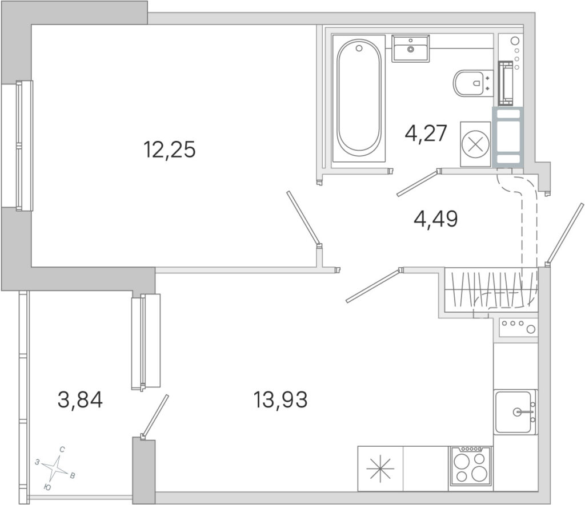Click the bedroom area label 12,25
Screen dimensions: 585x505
coord(169,150)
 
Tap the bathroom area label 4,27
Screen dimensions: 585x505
coord(426,134)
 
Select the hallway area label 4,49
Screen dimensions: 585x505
coord(436,219)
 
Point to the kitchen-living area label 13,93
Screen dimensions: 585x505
coord(281,399)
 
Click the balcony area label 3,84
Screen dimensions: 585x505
coord(80,400)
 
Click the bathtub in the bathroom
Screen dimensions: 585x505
coord(359,98)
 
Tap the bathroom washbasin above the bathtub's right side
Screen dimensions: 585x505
coord(410,48)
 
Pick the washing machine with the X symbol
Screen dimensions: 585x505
coord(475,144)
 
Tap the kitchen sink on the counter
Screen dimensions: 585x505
coord(515,412)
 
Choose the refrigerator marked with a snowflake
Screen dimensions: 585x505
coord(380,468)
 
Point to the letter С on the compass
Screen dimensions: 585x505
coord(62,450)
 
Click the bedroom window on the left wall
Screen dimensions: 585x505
coord(17,146)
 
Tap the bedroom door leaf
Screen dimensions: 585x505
coord(303,219)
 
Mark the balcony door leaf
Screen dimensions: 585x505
coord(155,416)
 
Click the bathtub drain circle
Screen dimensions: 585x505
coord(359,48)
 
